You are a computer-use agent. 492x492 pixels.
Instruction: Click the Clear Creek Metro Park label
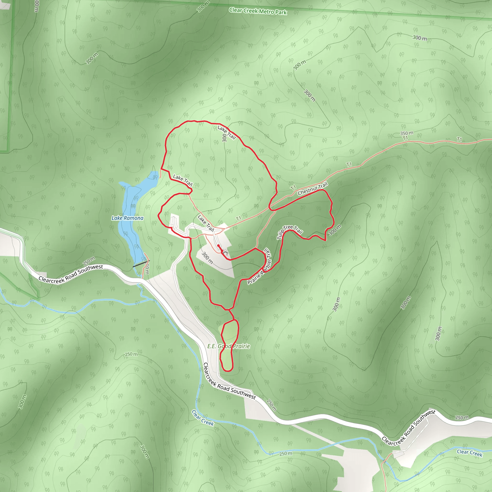point(258,11)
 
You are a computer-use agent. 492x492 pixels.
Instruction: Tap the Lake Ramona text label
point(127,218)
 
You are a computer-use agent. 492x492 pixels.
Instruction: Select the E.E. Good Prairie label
point(228,346)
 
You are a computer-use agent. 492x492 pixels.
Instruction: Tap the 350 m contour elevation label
point(406,133)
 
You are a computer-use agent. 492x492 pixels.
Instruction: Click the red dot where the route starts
point(218,246)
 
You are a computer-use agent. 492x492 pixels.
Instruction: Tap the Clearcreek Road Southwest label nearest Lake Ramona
point(71,273)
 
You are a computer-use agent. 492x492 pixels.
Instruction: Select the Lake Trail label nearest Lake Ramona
point(183,180)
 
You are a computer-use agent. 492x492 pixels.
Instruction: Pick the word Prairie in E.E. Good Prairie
point(241,346)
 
